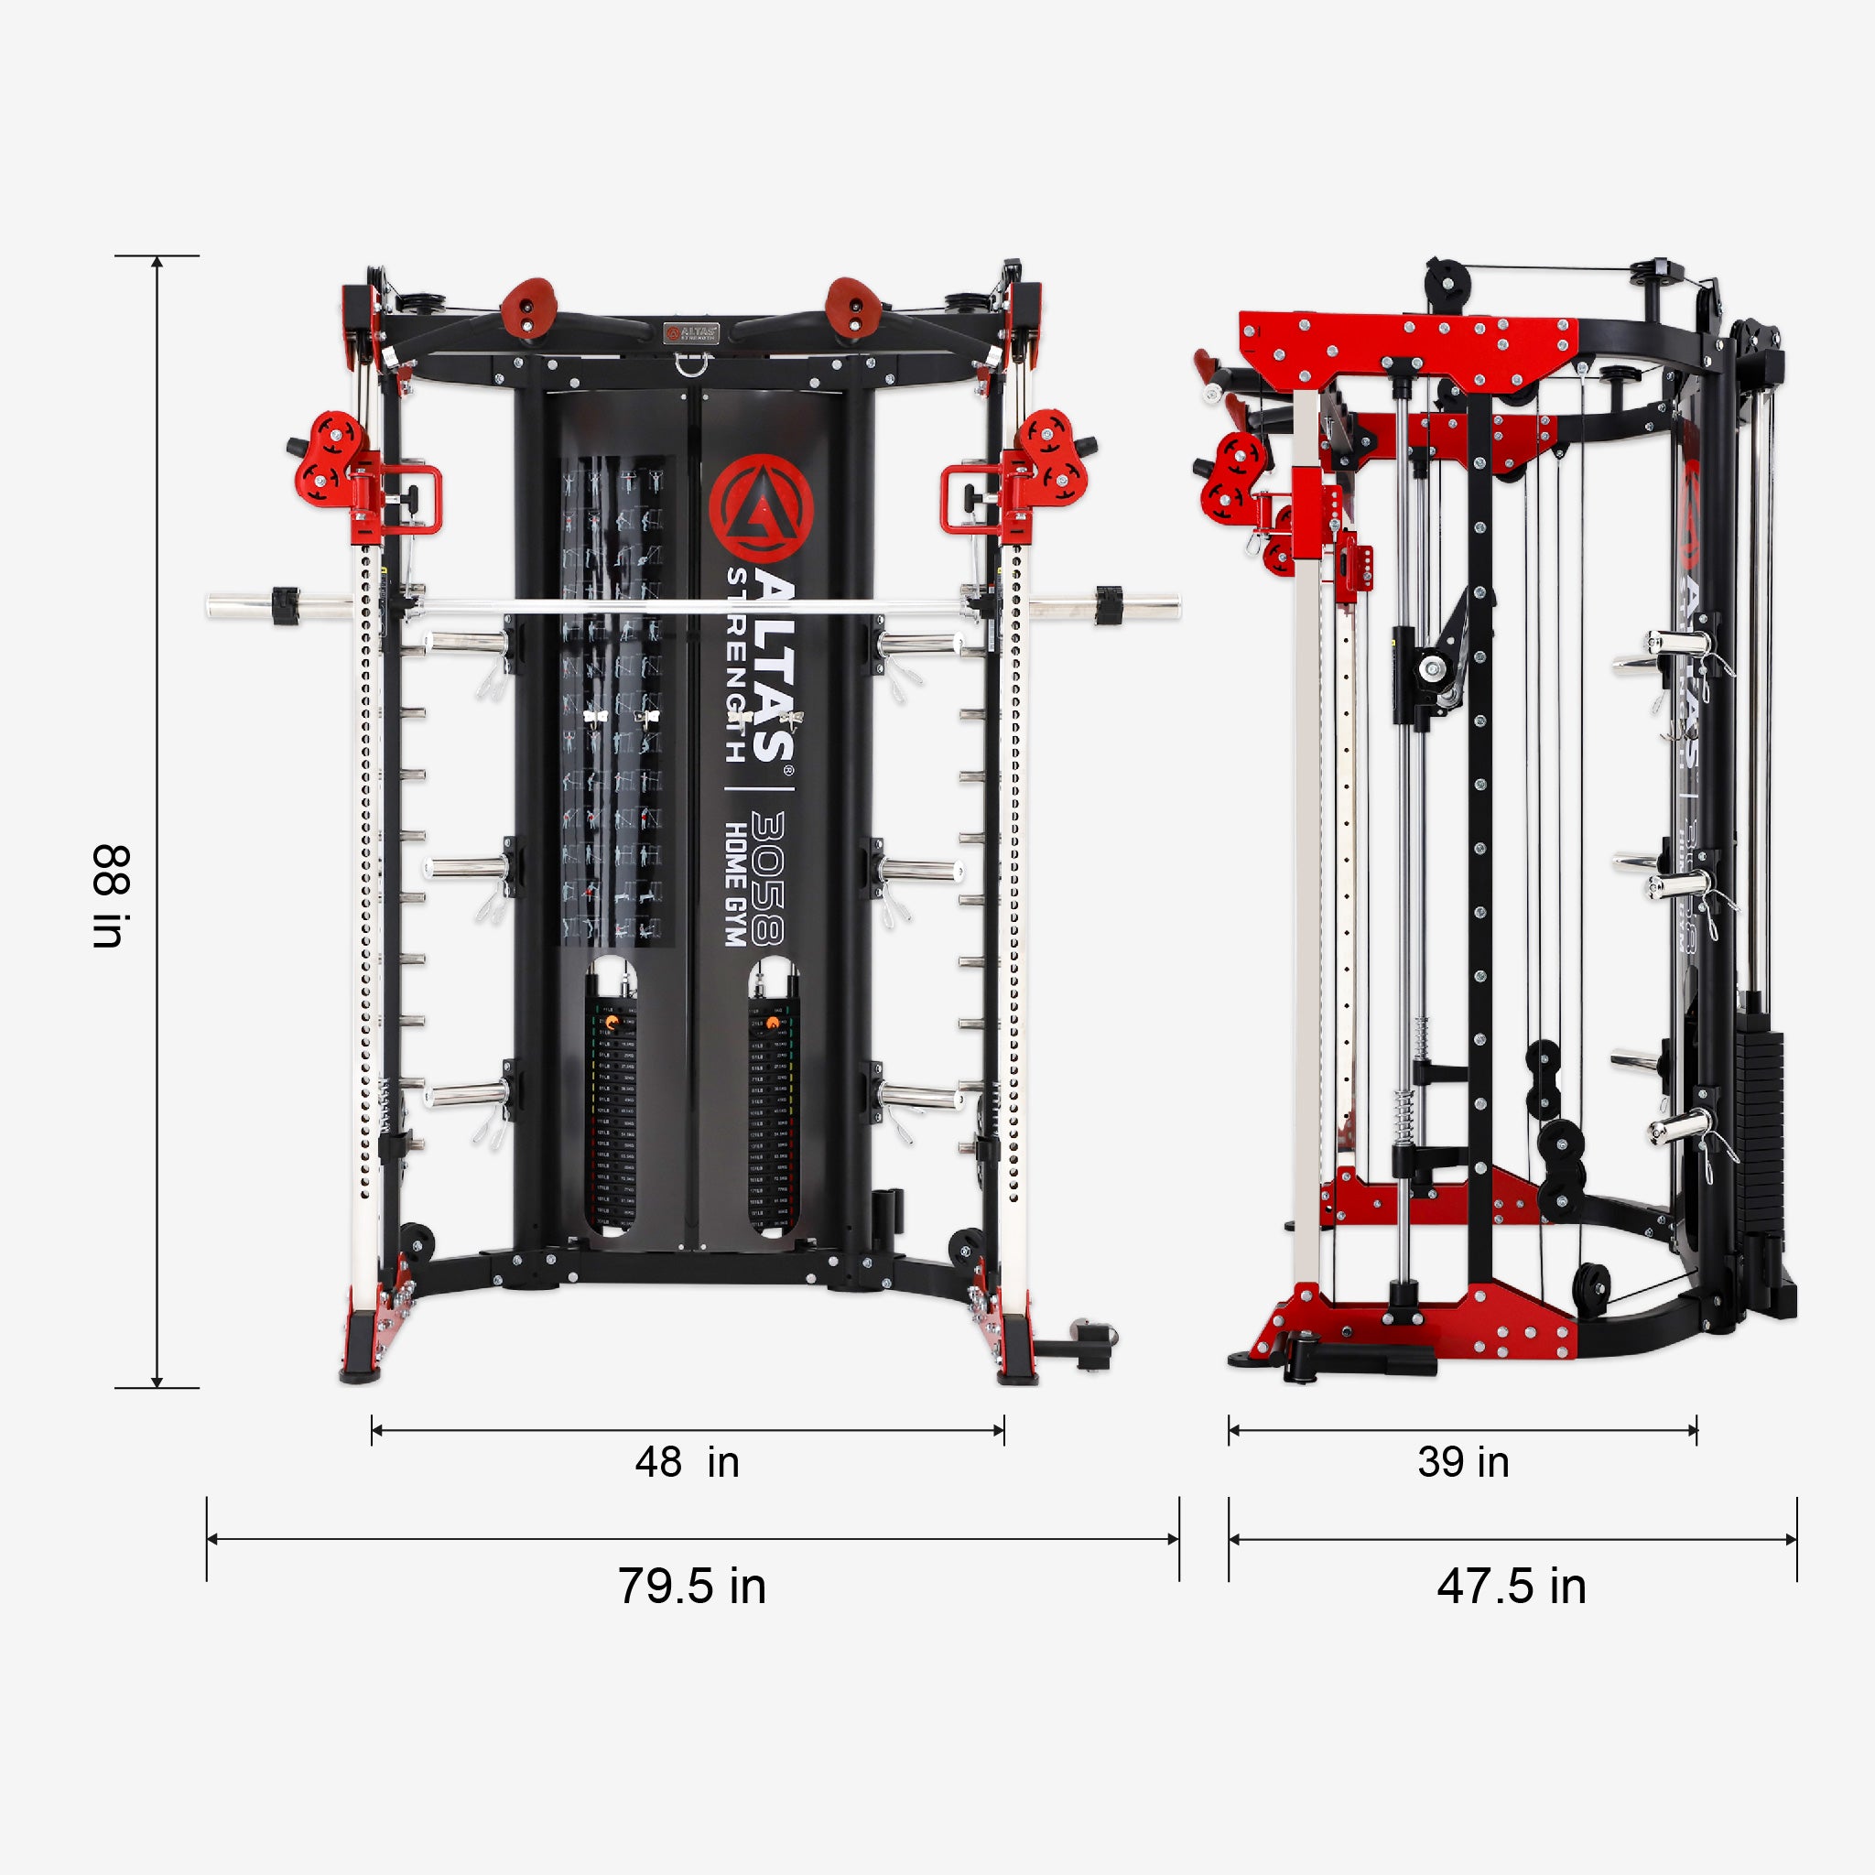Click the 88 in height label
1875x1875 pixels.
[x=111, y=895]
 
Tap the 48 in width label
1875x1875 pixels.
[x=688, y=1462]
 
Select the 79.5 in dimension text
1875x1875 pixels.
[x=692, y=1586]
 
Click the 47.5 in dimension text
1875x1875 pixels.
[x=1511, y=1586]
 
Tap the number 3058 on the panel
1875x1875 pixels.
[x=767, y=878]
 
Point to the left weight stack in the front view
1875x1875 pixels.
[x=612, y=1116]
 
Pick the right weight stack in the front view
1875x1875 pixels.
[x=773, y=1116]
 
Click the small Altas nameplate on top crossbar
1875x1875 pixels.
[x=691, y=333]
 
